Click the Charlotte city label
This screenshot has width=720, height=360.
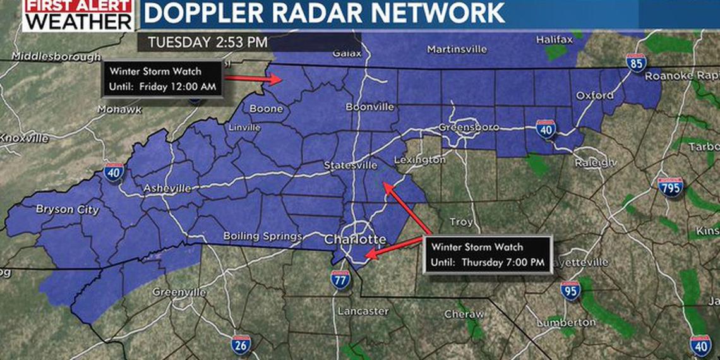pos(355,240)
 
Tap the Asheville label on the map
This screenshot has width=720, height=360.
pos(167,188)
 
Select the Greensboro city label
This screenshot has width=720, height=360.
pos(469,128)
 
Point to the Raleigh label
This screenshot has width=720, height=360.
pos(595,163)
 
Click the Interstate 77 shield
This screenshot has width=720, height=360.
pos(340,279)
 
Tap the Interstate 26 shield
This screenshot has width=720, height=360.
pos(241,344)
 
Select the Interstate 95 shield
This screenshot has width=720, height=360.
pos(570,291)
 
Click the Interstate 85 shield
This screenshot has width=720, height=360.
pos(636,62)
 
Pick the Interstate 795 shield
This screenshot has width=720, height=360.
pos(670,186)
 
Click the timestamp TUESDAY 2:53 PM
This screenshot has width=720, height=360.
pos(208,43)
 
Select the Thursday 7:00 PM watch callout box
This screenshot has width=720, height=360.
pos(488,255)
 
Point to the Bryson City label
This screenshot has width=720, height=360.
pos(67,210)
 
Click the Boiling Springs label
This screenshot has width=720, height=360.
pos(263,236)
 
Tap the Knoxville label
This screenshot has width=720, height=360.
pos(24,138)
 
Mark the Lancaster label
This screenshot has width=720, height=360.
pos(363,311)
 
